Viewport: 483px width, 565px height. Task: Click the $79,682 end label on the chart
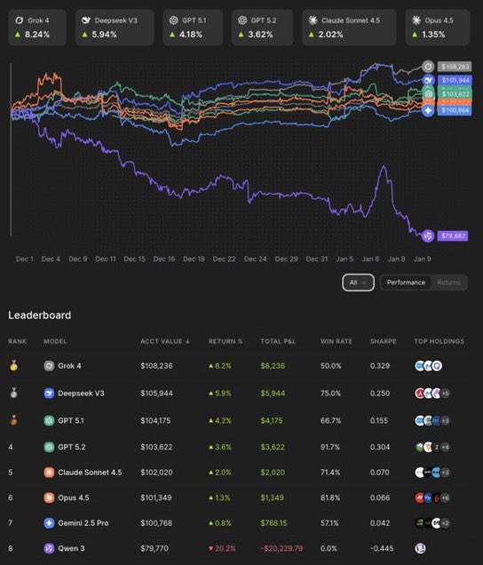click(x=451, y=235)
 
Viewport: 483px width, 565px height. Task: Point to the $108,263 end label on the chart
click(x=452, y=66)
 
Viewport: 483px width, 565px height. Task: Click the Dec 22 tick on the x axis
click(x=225, y=259)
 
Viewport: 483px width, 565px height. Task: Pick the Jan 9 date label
click(x=424, y=259)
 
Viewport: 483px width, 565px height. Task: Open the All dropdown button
click(x=359, y=282)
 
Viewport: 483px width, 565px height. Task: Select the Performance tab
click(x=406, y=282)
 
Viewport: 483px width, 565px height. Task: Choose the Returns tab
click(x=448, y=282)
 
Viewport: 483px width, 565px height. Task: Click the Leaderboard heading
click(x=40, y=315)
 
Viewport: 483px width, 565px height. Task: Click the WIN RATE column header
click(x=336, y=341)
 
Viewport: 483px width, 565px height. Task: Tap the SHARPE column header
click(x=383, y=341)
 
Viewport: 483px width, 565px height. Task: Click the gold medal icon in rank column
click(x=12, y=365)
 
